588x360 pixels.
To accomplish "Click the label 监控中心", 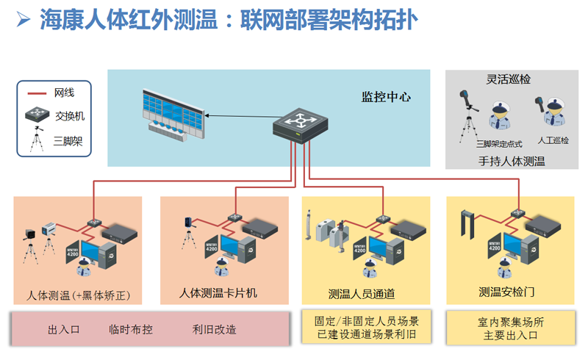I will coord(385,96).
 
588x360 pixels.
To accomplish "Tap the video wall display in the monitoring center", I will coord(175,114).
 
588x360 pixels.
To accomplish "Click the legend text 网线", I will coord(64,93).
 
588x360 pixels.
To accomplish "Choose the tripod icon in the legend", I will coord(35,140).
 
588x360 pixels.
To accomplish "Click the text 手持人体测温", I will coord(512,161).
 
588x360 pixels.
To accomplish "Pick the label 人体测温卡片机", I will coord(218,292).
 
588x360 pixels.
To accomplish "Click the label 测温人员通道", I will coord(362,294).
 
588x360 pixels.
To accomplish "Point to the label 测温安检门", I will coord(506,292).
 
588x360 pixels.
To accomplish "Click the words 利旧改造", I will coord(215,329).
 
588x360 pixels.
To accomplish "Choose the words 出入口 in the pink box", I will coord(63,329).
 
